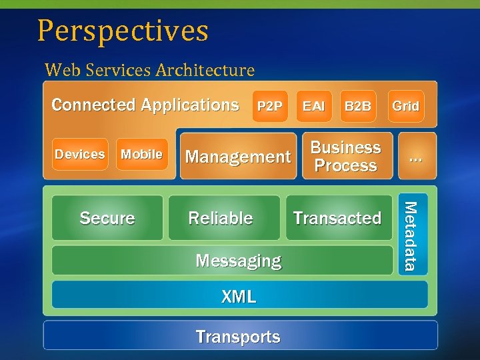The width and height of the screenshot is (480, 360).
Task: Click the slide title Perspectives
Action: pyautogui.click(x=123, y=31)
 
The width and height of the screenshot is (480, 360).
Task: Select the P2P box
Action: pyautogui.click(x=270, y=106)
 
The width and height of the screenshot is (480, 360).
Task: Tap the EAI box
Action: pyautogui.click(x=313, y=106)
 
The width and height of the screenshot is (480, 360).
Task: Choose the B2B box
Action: pyautogui.click(x=358, y=106)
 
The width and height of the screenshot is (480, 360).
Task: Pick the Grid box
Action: pyautogui.click(x=405, y=106)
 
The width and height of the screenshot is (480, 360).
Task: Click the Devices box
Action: pyautogui.click(x=79, y=154)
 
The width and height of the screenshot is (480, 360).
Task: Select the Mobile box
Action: pyautogui.click(x=141, y=154)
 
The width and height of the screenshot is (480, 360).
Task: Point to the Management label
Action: pyautogui.click(x=238, y=157)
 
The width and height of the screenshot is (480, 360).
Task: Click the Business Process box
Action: pyautogui.click(x=345, y=157)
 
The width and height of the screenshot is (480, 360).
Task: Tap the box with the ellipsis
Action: pyautogui.click(x=416, y=157)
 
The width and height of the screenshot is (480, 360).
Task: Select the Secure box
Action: pyautogui.click(x=107, y=218)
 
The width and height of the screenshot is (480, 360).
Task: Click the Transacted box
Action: pyautogui.click(x=337, y=218)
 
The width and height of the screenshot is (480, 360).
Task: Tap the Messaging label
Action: pyautogui.click(x=238, y=261)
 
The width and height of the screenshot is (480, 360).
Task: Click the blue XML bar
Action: pyautogui.click(x=239, y=295)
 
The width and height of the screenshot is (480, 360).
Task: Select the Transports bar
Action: pyautogui.click(x=239, y=337)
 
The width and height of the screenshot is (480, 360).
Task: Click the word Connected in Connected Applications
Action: pyautogui.click(x=93, y=105)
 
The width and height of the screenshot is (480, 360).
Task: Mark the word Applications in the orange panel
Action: pyautogui.click(x=189, y=105)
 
